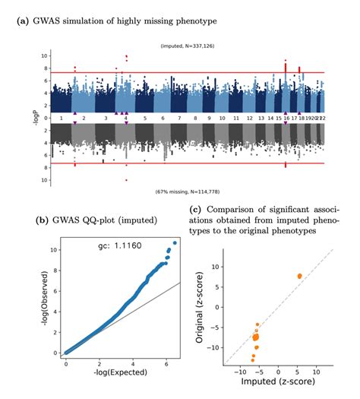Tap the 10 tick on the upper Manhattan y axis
click(46, 56)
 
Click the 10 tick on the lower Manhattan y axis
click(46, 180)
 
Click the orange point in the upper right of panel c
click(299, 276)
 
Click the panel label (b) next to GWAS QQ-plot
click(43, 220)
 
